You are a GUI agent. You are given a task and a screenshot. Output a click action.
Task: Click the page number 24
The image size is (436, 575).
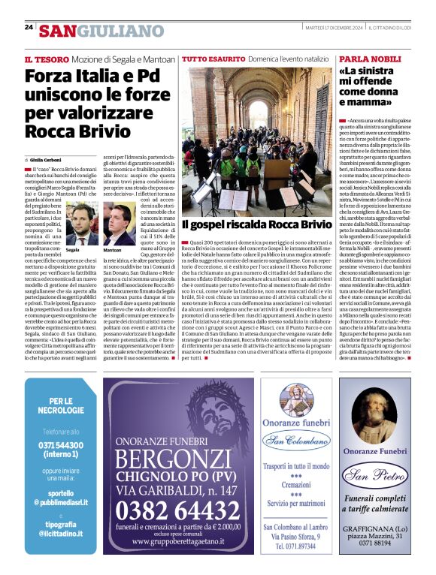point(29,28)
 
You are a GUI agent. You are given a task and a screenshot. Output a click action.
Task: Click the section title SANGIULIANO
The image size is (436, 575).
point(101,31)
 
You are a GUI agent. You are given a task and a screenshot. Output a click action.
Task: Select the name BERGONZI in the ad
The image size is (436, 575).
point(183,459)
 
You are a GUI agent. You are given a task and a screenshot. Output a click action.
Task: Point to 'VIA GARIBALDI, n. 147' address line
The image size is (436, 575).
point(183,490)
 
